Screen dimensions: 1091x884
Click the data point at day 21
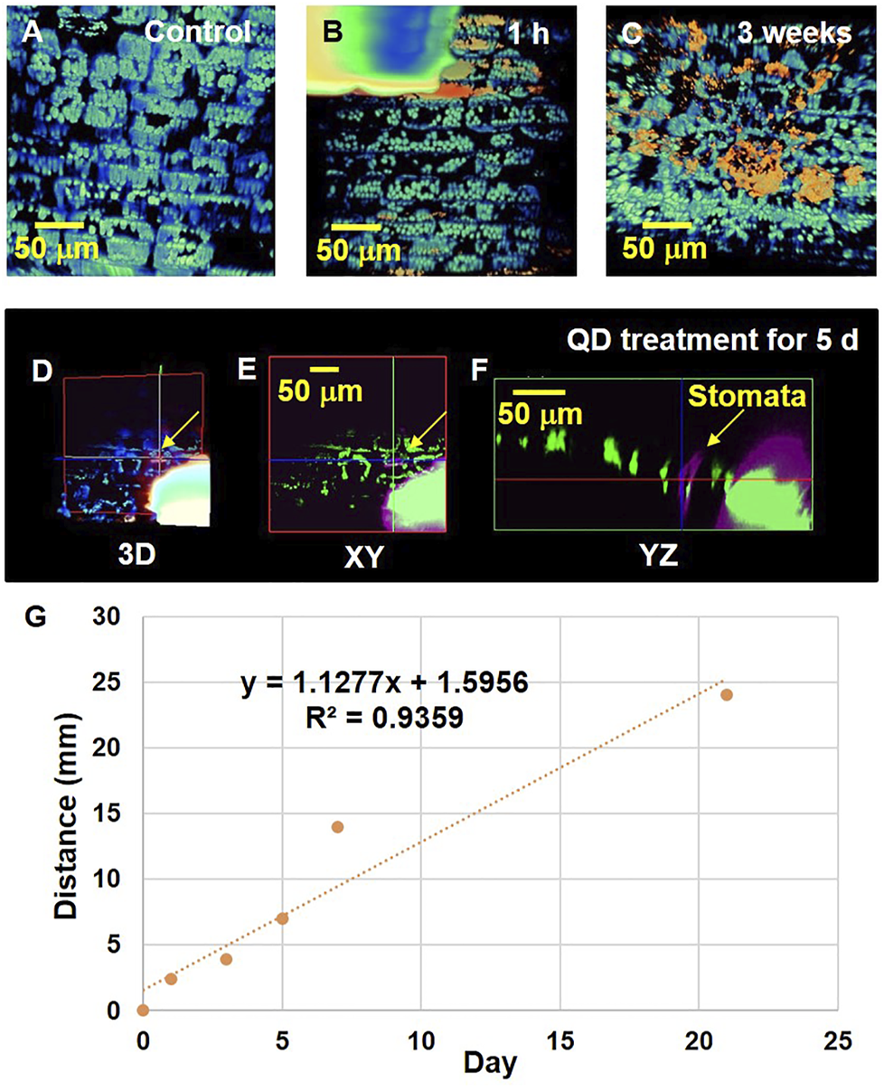[x=726, y=694]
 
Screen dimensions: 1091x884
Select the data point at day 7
[x=337, y=827]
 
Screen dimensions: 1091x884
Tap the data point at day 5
[x=282, y=918]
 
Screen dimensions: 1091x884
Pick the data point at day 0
[x=143, y=1010]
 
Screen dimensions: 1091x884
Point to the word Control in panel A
[x=198, y=33]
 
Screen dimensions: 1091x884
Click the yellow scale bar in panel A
[x=60, y=223]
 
